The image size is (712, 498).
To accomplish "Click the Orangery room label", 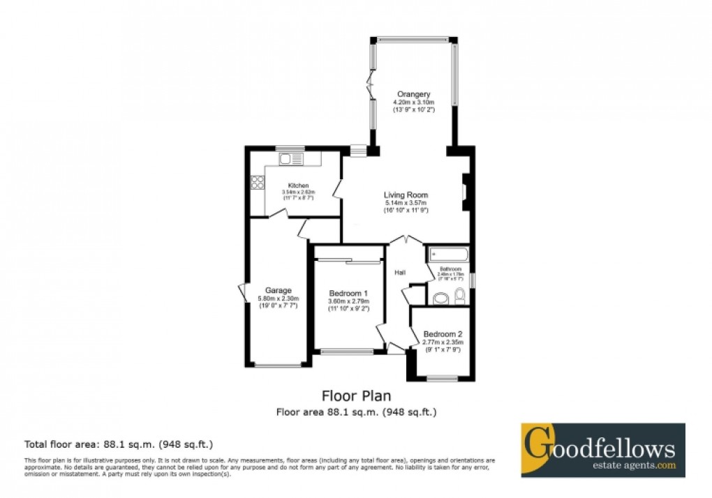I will point(413,94).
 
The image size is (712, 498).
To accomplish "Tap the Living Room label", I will point(406,195).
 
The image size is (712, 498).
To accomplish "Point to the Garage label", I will point(278,290).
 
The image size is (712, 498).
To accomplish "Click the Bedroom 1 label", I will point(348,292).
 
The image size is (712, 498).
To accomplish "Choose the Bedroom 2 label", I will point(443,334).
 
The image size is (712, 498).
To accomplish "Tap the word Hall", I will point(400,272).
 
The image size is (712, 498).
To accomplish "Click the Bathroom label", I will point(450,269).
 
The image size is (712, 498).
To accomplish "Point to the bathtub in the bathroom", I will point(447,255).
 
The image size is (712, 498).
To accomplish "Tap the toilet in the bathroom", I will point(459,297).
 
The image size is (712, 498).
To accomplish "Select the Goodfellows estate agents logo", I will point(602,450).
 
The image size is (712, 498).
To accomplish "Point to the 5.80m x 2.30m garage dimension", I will point(278,299).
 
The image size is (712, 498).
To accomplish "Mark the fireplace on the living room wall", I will point(465,192).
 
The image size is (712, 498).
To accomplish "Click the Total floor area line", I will point(119,444).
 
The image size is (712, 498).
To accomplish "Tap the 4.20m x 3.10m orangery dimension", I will point(413,103).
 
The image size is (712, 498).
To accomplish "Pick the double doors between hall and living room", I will point(406,240).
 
